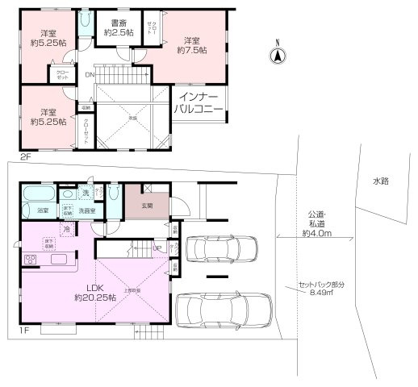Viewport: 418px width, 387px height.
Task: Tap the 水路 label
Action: pos(381,181)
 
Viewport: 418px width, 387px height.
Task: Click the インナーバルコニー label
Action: pos(200,102)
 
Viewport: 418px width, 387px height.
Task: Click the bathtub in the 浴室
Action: pos(37,195)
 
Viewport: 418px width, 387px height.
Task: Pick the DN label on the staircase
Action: pos(89,77)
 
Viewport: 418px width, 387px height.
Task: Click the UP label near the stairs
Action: pos(158,248)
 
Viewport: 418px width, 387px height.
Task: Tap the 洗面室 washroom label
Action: pos(87,210)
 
